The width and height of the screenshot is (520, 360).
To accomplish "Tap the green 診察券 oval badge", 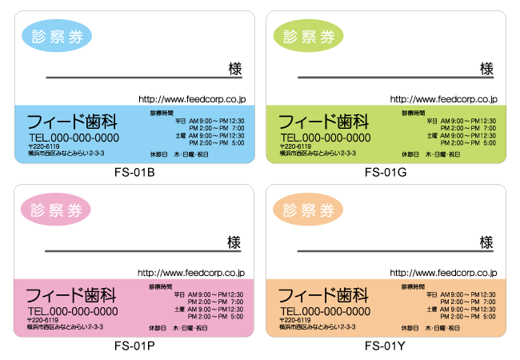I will [309, 35].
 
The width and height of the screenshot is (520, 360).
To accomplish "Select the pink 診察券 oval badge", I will [57, 210].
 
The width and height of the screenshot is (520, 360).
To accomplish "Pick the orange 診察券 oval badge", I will [309, 210].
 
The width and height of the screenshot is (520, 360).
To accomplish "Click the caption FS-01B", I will [134, 173].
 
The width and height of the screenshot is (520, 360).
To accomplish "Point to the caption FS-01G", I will [386, 173].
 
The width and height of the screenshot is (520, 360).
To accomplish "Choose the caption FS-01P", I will [134, 346].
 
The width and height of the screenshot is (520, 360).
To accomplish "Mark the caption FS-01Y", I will [386, 346].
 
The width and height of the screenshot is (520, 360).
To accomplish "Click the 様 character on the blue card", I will [234, 69].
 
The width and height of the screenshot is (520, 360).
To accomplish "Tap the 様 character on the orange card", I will [486, 242].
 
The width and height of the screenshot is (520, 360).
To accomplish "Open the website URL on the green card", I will [443, 99].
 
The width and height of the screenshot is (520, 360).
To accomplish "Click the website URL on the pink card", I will [192, 274].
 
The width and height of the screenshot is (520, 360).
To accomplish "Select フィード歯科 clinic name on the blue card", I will [73, 122].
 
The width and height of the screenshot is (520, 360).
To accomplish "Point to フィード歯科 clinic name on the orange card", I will [323, 295].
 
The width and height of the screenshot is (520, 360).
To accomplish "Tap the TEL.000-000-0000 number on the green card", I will [325, 138].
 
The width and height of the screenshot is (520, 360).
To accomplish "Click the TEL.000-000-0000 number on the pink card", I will [73, 311].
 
